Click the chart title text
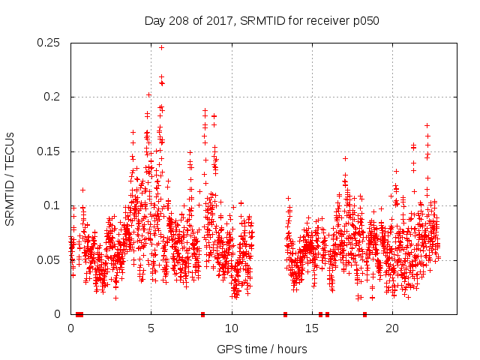pos(262,21)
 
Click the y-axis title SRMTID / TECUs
pos(10,178)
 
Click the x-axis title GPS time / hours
pos(262,349)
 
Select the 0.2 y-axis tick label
pos(54,97)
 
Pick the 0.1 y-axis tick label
pos(54,205)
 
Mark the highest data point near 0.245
pos(161,47)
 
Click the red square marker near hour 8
pos(202,314)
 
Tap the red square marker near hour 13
pos(285,314)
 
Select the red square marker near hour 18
pos(364,314)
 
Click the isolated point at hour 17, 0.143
pos(345,158)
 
